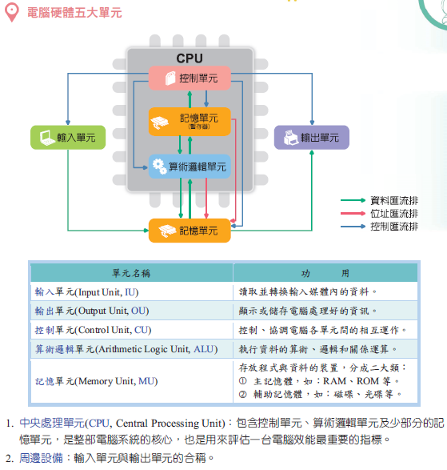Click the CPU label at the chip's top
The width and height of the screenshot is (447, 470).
(x=190, y=58)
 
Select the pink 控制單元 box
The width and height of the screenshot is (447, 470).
(x=190, y=78)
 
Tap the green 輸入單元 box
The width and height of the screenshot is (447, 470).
(x=68, y=137)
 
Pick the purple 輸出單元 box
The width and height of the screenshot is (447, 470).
(x=312, y=137)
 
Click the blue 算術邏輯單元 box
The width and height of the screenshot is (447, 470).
(x=190, y=167)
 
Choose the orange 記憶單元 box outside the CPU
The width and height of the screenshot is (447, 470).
(x=190, y=231)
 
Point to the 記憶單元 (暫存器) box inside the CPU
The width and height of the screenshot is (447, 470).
(x=190, y=122)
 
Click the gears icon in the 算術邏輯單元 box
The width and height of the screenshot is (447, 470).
(x=160, y=167)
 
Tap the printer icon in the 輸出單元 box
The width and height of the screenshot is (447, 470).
(x=291, y=138)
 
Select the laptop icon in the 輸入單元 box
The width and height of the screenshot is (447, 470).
(x=47, y=138)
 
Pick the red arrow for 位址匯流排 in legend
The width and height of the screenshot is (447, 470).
(x=353, y=214)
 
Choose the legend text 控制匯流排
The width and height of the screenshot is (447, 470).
(x=394, y=227)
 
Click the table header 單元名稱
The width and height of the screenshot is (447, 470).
(x=131, y=273)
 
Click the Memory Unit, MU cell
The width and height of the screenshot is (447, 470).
(x=132, y=381)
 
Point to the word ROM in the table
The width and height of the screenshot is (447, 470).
(x=368, y=381)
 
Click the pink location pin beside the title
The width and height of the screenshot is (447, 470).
(x=12, y=12)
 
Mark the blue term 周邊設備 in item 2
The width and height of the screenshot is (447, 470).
(x=41, y=458)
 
